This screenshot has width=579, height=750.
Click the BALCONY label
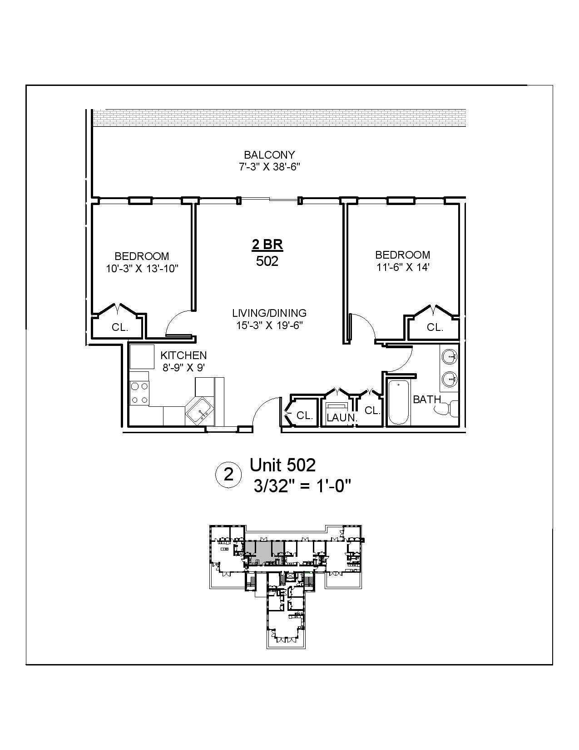(269, 155)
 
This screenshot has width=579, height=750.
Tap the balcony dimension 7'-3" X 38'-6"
(269, 167)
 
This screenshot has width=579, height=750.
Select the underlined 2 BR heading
(267, 245)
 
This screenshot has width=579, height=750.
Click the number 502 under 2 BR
(267, 261)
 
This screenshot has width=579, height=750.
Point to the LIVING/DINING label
(269, 313)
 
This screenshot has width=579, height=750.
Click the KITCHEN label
(183, 355)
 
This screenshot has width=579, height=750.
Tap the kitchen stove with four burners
(139, 393)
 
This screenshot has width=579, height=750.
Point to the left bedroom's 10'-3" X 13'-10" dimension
(142, 269)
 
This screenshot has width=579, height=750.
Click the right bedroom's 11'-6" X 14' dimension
(403, 267)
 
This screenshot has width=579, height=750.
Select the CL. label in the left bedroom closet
(120, 327)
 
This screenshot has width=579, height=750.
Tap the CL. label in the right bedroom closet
(435, 327)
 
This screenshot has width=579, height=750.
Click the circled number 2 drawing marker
(229, 475)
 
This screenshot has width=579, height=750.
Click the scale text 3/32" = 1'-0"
(303, 487)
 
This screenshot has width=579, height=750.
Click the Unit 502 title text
(282, 465)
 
